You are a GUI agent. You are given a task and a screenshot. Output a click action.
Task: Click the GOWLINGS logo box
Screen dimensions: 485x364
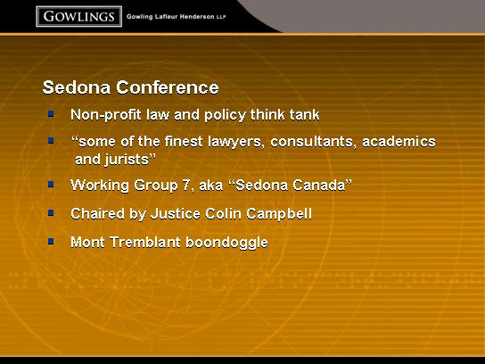point(78,16)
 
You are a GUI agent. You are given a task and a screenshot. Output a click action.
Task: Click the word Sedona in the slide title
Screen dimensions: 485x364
point(77,87)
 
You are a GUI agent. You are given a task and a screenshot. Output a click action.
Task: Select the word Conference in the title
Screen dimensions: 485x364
point(168,87)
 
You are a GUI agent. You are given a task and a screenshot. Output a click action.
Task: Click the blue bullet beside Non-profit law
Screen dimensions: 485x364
point(51,113)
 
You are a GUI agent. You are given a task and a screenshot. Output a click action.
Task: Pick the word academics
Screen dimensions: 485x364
point(399,142)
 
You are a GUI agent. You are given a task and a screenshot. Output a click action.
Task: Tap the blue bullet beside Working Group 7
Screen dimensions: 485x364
point(51,185)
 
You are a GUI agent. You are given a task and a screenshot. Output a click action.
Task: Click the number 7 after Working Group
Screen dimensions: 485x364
point(186,186)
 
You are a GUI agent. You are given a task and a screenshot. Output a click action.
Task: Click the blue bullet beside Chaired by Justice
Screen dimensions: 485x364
point(51,212)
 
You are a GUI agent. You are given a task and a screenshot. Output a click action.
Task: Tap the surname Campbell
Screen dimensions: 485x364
point(279,214)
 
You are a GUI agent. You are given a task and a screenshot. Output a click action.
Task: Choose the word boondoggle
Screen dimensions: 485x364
point(226,243)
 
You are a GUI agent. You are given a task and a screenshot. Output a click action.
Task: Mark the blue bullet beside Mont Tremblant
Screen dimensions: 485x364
point(51,241)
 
